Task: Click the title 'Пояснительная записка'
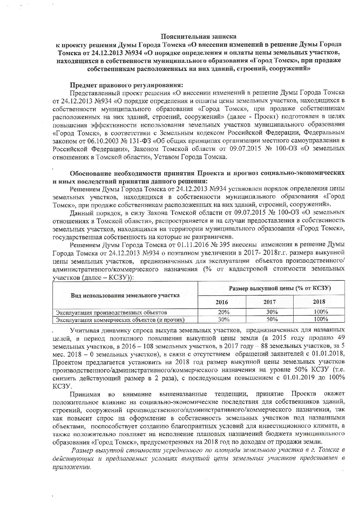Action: pos(199,37)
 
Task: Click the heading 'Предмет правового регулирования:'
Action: pos(127,85)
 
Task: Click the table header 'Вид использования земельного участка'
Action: pos(125,296)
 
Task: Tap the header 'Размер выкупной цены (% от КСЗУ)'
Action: pos(280,288)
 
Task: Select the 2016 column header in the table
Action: pos(222,302)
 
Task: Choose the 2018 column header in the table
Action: pos(319,302)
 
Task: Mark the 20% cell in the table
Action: pos(224,312)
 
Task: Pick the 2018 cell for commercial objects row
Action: pos(321,319)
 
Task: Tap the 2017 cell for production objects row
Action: pos(272,312)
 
